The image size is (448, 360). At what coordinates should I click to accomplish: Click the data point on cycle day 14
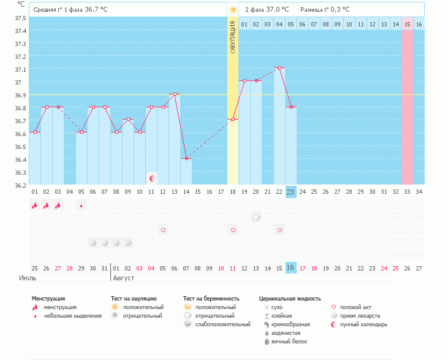[186, 158]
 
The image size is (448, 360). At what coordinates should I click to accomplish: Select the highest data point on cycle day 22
[279, 68]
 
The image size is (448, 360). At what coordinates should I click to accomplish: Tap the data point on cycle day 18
[233, 119]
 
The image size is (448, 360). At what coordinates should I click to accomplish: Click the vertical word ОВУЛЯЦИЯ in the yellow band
[233, 37]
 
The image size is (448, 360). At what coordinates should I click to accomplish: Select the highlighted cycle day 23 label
[290, 192]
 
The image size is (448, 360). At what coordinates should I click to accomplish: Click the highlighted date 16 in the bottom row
[290, 268]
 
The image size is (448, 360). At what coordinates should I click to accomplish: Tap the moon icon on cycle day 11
[151, 178]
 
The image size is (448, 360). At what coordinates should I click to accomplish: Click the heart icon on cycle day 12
[163, 230]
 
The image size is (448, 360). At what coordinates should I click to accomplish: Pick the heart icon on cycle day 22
[279, 230]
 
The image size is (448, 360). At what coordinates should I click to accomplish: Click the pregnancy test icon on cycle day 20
[256, 217]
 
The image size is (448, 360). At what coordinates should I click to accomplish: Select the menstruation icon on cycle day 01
[35, 205]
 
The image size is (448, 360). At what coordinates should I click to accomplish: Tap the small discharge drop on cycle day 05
[82, 205]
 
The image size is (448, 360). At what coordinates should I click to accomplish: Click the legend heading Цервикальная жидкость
[289, 299]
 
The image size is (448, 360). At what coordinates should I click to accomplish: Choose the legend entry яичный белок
[289, 342]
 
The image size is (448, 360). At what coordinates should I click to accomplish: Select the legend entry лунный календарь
[363, 324]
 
